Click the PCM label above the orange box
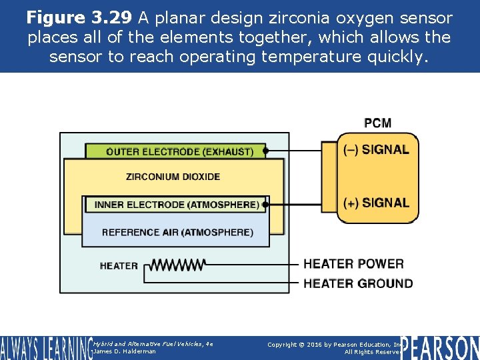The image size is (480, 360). click(377, 123)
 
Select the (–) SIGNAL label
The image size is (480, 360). click(376, 149)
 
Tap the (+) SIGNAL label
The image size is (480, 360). click(376, 203)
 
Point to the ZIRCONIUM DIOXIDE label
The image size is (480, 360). click(173, 177)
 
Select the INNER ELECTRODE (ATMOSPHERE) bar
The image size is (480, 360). click(176, 205)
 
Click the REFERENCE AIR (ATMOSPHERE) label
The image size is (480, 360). click(177, 233)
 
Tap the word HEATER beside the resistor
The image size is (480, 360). click(119, 265)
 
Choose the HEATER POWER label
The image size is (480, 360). click(353, 264)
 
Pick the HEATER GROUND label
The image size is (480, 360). click(358, 283)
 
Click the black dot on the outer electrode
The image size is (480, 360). click(265, 151)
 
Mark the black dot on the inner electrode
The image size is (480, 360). click(265, 205)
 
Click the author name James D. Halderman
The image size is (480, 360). click(125, 351)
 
